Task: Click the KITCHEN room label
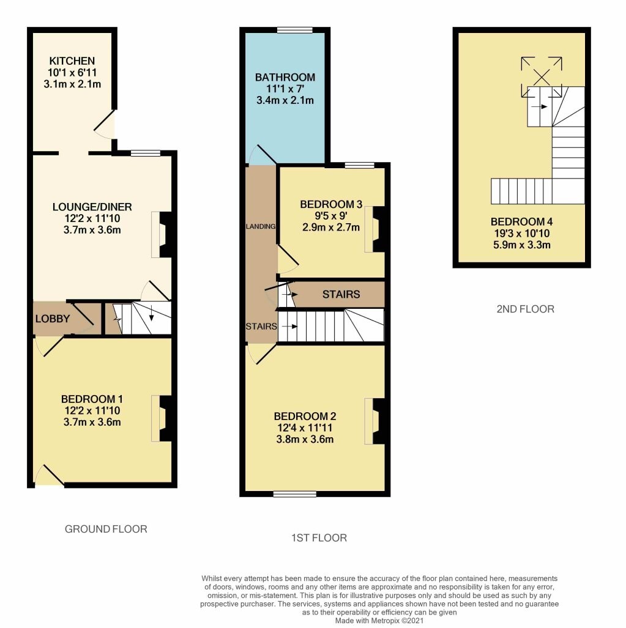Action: click(x=72, y=61)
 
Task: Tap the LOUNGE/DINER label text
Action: click(x=92, y=206)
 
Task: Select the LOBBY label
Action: click(x=52, y=319)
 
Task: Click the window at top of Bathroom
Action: click(x=294, y=30)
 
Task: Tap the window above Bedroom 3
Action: click(x=359, y=165)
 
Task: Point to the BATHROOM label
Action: click(x=285, y=78)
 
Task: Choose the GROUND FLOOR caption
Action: click(x=106, y=529)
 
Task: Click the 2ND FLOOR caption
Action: click(x=525, y=309)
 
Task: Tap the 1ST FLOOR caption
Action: click(x=319, y=538)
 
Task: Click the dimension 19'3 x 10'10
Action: click(x=521, y=234)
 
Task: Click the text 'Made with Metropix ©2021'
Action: click(x=379, y=620)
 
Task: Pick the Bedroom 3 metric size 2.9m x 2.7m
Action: click(x=331, y=227)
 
